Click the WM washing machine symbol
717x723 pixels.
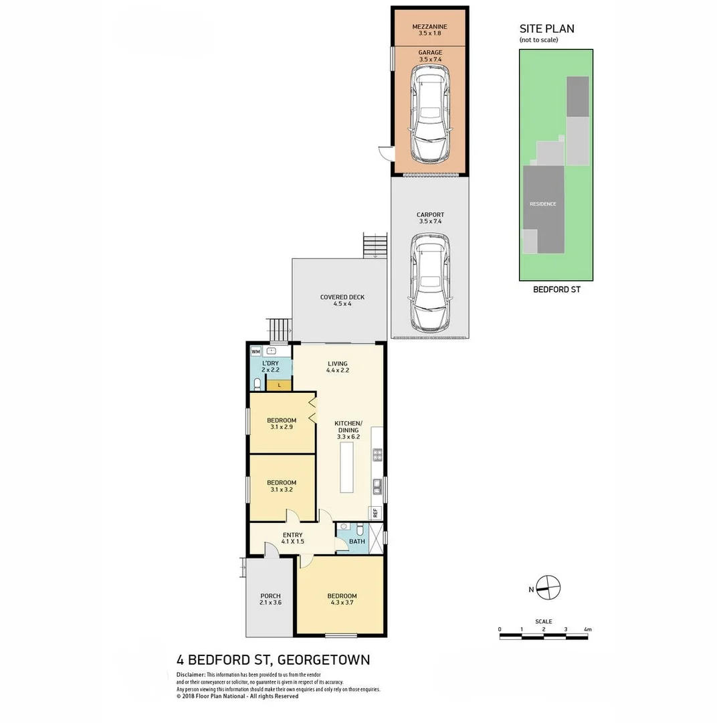coord(255,351)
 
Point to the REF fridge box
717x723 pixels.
coord(375,513)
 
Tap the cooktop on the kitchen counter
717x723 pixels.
coord(377,455)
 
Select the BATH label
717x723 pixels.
coord(357,542)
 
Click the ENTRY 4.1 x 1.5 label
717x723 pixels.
coord(292,538)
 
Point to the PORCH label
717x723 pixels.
coord(270,599)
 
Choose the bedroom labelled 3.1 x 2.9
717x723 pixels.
coord(281,424)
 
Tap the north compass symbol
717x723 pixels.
coord(548,588)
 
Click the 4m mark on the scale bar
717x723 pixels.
coord(588,630)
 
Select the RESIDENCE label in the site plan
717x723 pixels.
coord(542,204)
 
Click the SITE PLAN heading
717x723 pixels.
coord(546,29)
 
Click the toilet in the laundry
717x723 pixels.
coord(257,384)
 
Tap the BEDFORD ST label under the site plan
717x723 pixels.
coord(556,290)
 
